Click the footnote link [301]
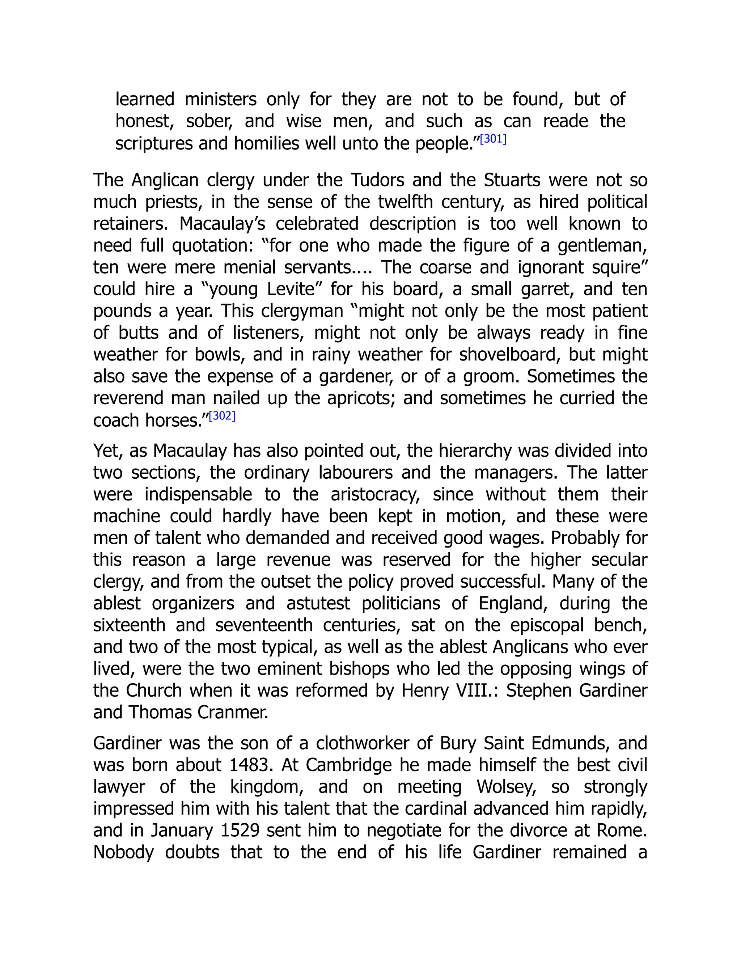pyautogui.click(x=493, y=140)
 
